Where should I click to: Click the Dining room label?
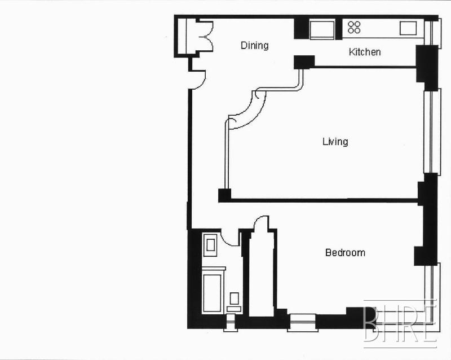(x=255, y=46)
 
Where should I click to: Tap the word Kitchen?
(x=365, y=52)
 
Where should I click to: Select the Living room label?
(x=335, y=142)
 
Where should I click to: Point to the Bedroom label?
(x=345, y=253)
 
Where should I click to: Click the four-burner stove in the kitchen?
(x=354, y=27)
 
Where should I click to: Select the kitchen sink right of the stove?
(x=408, y=28)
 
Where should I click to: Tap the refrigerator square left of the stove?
(x=322, y=29)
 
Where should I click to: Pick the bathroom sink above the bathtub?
(x=210, y=245)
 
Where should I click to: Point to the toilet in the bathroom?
(x=234, y=302)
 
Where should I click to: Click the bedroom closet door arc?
(x=261, y=221)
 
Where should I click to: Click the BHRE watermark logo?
(x=400, y=324)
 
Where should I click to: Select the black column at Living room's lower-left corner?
(x=224, y=195)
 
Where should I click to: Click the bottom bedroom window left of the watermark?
(x=302, y=322)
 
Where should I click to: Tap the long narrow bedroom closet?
(x=261, y=274)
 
